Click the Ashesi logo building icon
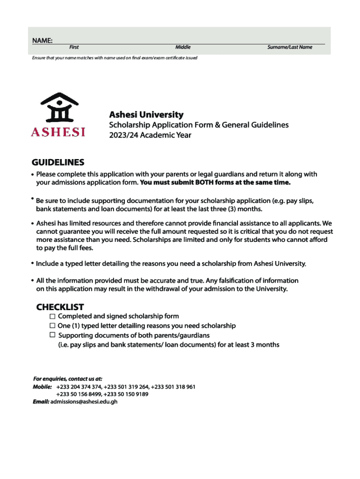58,108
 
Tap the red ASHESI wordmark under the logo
58,132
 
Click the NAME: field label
42,41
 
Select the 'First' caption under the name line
74,47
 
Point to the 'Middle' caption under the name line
183,47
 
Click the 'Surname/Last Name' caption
289,47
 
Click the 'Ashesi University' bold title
146,115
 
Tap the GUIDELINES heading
58,162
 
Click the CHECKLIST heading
60,307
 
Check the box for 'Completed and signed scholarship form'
52,316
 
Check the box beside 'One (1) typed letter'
52,326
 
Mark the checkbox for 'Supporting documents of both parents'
52,335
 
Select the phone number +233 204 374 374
79,387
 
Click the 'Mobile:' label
42,387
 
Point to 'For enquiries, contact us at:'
68,378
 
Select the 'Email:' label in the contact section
41,402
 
